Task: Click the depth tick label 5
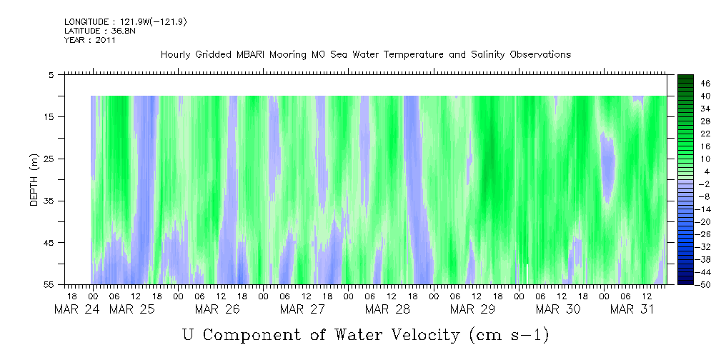pos(51,74)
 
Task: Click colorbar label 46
pos(705,84)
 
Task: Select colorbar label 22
pos(705,134)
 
